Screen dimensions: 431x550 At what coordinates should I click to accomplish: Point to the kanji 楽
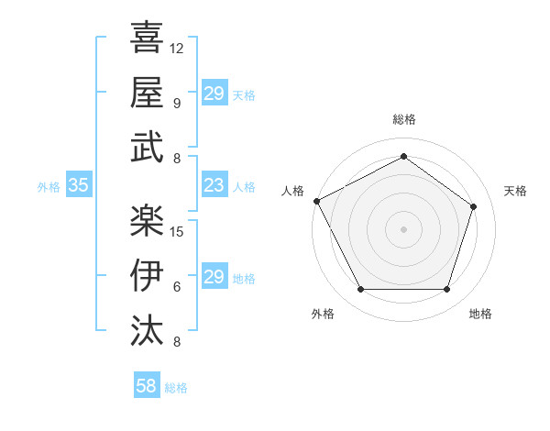pyautogui.click(x=147, y=219)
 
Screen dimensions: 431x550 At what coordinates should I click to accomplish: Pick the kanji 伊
pyautogui.click(x=147, y=275)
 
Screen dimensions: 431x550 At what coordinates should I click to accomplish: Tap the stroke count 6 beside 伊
pyautogui.click(x=176, y=287)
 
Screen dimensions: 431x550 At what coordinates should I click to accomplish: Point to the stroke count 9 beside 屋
pyautogui.click(x=176, y=104)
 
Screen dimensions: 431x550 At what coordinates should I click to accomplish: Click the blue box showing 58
pyautogui.click(x=146, y=386)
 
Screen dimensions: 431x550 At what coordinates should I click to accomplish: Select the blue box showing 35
pyautogui.click(x=78, y=185)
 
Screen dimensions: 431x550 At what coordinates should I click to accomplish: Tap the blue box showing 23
pyautogui.click(x=214, y=185)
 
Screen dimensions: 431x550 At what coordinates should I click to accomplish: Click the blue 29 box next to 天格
pyautogui.click(x=214, y=94)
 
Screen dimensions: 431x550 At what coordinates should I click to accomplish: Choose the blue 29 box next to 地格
pyautogui.click(x=214, y=277)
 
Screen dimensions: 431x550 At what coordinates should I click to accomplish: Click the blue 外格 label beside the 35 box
pyautogui.click(x=49, y=186)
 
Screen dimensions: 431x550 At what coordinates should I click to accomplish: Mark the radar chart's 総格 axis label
pyautogui.click(x=403, y=120)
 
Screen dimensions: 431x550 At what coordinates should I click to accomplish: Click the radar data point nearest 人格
pyautogui.click(x=316, y=201)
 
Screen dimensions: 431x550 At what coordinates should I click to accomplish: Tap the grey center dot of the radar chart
pyautogui.click(x=403, y=228)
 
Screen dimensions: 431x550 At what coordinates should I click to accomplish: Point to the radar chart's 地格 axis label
pyautogui.click(x=480, y=314)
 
